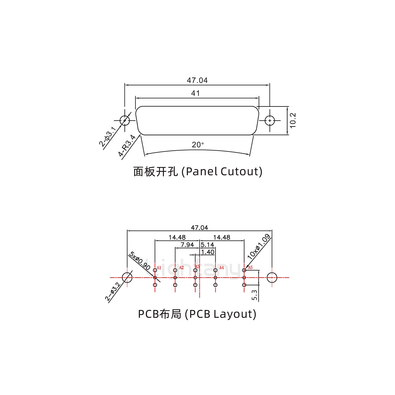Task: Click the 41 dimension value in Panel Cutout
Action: click(x=195, y=94)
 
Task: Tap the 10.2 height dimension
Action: click(x=293, y=120)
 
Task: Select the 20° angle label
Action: click(x=198, y=145)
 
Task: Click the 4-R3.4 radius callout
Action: click(x=127, y=146)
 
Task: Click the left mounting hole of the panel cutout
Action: click(x=125, y=120)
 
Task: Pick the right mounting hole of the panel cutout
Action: click(x=270, y=120)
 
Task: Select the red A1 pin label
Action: click(x=159, y=268)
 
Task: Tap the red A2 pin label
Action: click(x=181, y=268)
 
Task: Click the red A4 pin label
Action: click(x=221, y=268)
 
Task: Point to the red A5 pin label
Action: click(x=250, y=268)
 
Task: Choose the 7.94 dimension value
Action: click(x=187, y=245)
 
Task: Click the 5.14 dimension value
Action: click(x=207, y=245)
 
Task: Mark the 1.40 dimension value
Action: click(x=208, y=252)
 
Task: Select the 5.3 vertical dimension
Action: click(x=255, y=295)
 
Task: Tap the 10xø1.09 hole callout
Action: click(x=259, y=247)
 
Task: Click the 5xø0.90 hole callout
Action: click(x=140, y=261)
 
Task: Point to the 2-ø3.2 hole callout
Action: click(x=113, y=291)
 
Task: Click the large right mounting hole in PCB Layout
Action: click(x=272, y=278)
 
